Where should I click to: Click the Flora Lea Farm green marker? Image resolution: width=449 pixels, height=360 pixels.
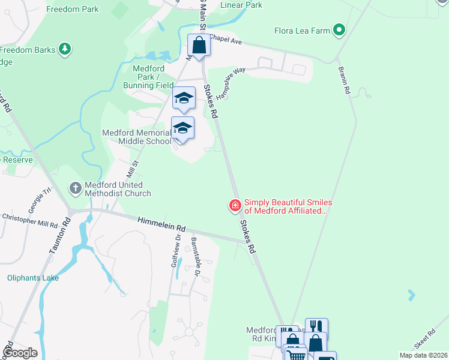(x=339, y=29)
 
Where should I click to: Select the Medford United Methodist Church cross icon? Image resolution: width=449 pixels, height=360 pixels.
(x=75, y=188)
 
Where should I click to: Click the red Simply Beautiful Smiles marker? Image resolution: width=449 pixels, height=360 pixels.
(x=235, y=206)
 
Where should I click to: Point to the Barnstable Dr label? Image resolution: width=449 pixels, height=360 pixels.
(x=196, y=256)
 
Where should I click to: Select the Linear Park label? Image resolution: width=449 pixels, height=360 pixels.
(x=241, y=5)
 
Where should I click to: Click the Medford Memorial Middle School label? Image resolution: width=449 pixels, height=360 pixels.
(x=136, y=137)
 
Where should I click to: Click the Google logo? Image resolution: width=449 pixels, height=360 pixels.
(x=20, y=353)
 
